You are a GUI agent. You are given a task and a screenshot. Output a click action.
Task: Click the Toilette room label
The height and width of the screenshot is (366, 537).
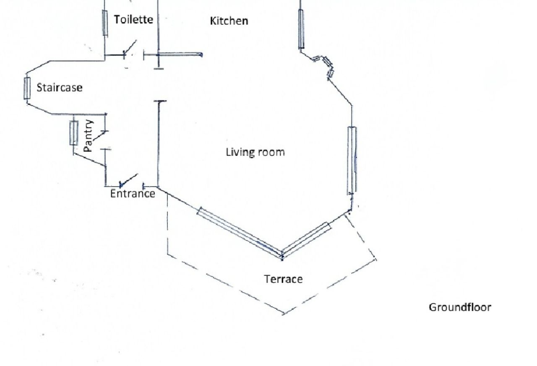[133, 19]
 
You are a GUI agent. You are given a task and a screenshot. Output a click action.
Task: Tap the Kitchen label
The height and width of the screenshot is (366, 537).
[229, 21]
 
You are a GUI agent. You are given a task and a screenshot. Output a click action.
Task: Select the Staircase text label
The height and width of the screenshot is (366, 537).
[59, 88]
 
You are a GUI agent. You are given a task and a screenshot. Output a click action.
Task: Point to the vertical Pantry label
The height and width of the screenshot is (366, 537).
[88, 136]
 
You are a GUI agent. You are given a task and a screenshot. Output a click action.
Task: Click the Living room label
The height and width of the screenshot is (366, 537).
[255, 152]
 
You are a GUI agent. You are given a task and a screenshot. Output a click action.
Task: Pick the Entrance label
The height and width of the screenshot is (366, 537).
[133, 194]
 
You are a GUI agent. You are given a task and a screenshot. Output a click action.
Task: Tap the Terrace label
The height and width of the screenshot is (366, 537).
[283, 279]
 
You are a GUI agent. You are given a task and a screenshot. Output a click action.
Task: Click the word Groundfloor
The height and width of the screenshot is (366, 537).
[459, 307]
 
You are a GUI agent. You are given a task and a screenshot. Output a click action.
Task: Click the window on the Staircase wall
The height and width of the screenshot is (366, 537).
[27, 88]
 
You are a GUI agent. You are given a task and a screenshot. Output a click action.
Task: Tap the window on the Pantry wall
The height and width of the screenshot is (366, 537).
[73, 133]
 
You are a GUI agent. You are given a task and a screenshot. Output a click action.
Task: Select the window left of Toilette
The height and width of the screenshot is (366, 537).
[105, 23]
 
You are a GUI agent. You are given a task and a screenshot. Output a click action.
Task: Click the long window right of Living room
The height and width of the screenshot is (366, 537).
[352, 161]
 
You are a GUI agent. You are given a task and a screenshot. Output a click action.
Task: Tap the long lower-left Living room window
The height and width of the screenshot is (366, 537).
[239, 232]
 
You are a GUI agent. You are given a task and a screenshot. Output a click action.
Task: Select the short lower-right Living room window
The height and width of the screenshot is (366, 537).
[306, 239]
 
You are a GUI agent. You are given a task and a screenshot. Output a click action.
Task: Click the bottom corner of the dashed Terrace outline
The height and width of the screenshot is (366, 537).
[284, 314]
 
